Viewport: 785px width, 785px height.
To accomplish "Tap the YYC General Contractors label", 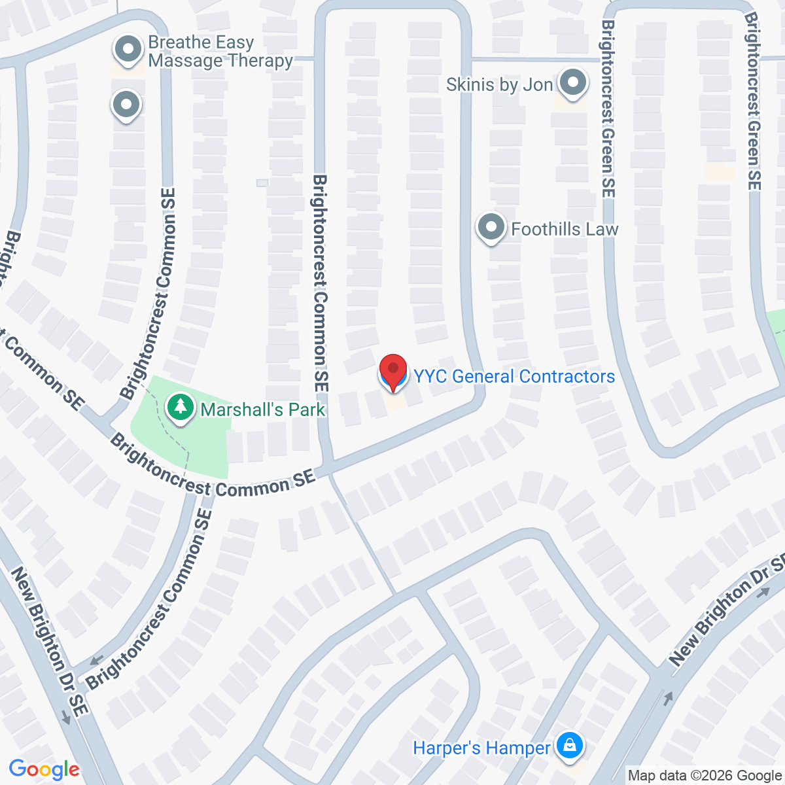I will tap(514, 377).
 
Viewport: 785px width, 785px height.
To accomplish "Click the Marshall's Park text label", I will tap(262, 410).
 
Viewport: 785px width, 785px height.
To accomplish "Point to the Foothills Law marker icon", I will tap(491, 228).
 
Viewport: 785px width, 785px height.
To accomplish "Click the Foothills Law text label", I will tap(565, 229).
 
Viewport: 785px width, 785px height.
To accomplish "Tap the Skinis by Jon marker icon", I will tap(573, 83).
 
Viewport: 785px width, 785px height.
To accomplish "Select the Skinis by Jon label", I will tap(499, 84).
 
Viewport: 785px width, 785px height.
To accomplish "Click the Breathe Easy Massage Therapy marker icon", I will tap(128, 50).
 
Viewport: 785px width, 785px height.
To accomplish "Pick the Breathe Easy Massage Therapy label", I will tap(220, 52).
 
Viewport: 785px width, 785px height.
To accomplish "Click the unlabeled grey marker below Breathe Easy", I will tap(126, 105).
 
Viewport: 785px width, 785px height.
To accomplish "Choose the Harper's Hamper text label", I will tap(481, 748).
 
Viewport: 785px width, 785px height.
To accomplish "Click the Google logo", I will tap(44, 770).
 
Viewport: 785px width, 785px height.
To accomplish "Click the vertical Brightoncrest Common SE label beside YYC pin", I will tap(319, 283).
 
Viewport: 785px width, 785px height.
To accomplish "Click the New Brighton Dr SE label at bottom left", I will tap(49, 641).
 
